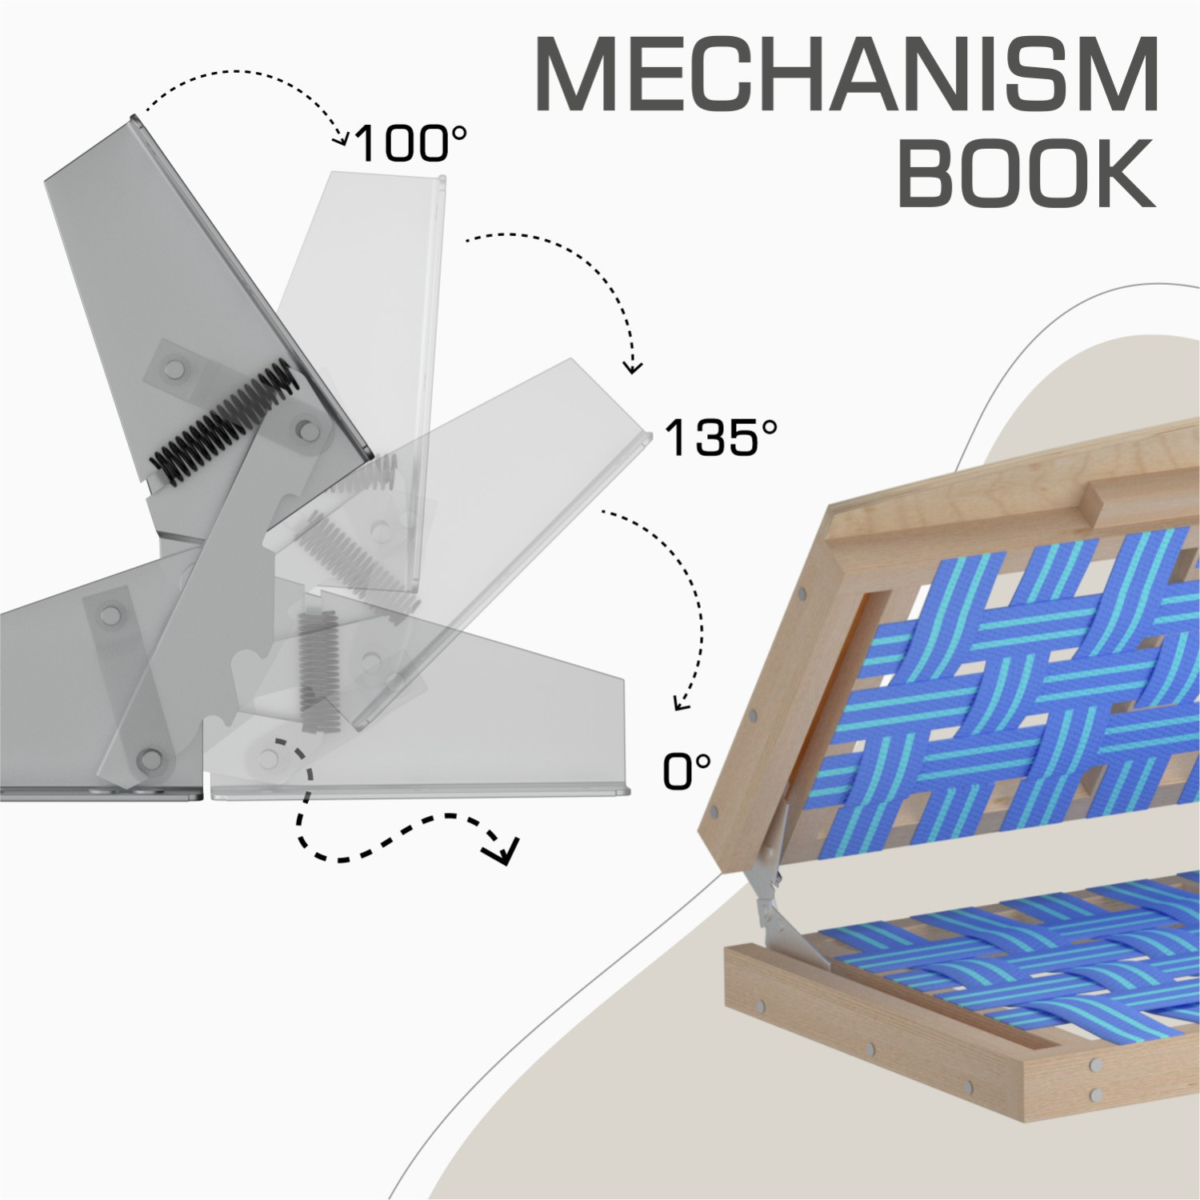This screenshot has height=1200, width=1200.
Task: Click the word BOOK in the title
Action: click(x=1027, y=173)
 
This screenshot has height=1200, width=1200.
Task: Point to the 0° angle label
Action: click(x=686, y=772)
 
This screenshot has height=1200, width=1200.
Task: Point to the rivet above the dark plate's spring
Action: click(x=175, y=369)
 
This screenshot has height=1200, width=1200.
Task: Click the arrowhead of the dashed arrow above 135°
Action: click(x=633, y=367)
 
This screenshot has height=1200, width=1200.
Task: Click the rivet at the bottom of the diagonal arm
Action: click(x=148, y=758)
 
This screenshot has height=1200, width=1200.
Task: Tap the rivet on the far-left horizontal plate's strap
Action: click(x=110, y=614)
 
